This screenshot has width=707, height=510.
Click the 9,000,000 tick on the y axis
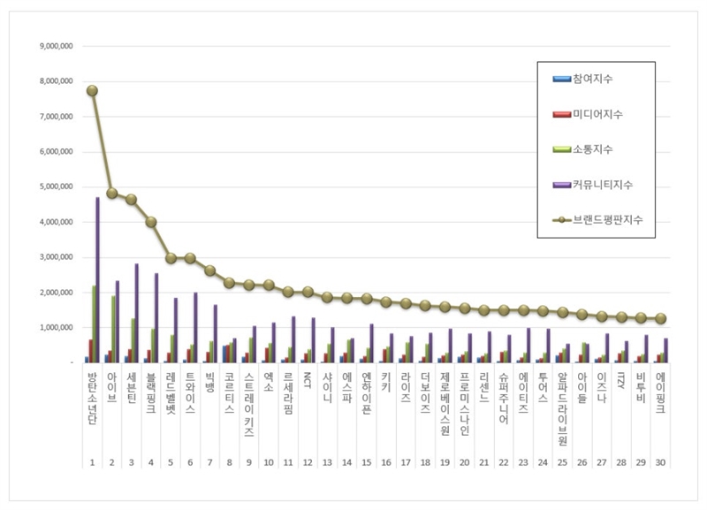click(56, 46)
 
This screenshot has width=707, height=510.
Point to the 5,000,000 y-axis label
click(56, 187)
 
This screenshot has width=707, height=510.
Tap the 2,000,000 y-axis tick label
click(56, 293)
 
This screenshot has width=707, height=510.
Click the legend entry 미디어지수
click(597, 114)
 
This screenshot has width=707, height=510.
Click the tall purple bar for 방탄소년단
click(97, 279)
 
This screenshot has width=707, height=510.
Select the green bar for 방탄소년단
click(93, 324)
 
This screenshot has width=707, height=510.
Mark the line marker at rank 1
click(92, 90)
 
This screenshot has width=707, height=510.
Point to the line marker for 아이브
click(112, 193)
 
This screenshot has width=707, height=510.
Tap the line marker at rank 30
click(661, 318)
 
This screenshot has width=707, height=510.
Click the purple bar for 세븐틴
click(136, 313)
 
